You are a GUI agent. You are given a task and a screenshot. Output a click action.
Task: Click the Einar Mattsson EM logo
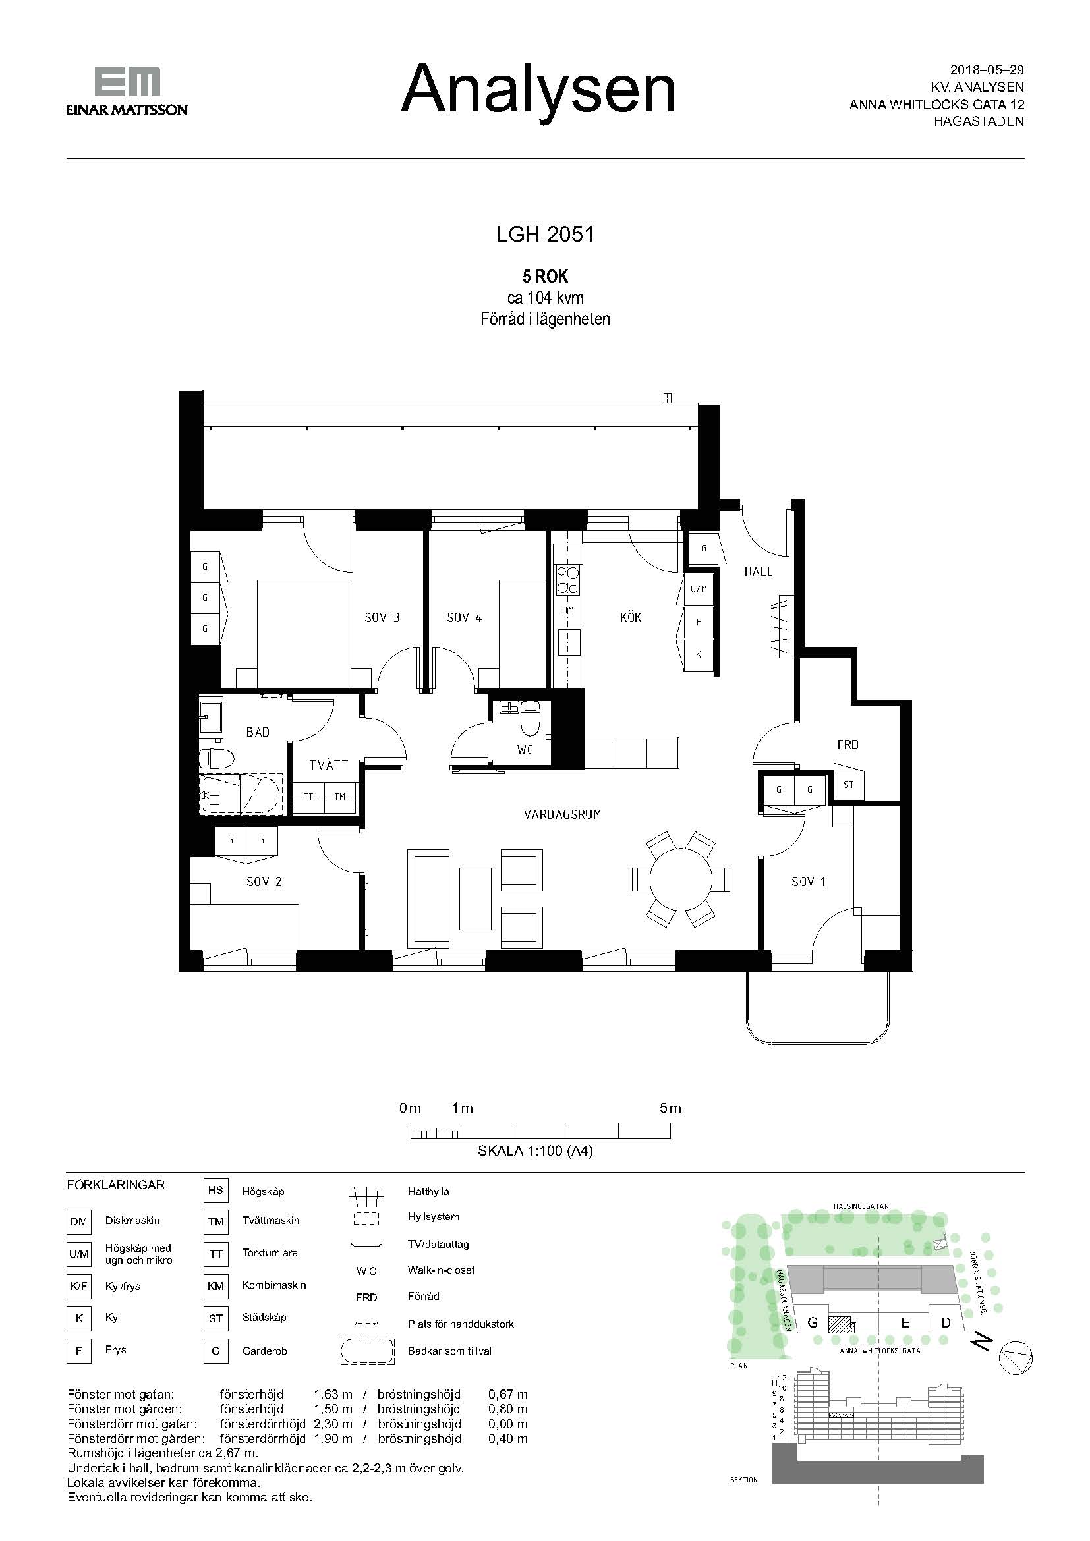[127, 92]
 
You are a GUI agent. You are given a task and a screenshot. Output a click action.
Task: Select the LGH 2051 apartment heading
[545, 235]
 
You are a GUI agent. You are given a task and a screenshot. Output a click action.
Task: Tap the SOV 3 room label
[382, 617]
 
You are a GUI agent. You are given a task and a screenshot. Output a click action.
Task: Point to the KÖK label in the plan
[631, 617]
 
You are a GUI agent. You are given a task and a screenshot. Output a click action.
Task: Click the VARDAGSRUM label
[562, 815]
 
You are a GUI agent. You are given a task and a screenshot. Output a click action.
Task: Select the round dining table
[681, 880]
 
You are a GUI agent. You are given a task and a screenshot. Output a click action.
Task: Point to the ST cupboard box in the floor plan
[848, 785]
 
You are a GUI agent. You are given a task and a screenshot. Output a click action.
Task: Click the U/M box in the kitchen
[699, 589]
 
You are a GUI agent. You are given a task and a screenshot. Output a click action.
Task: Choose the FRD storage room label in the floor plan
[847, 744]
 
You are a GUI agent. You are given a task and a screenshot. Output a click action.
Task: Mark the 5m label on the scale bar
[670, 1108]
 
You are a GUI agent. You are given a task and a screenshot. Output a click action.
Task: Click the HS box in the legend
[215, 1190]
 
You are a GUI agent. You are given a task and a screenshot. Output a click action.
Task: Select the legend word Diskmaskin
[132, 1221]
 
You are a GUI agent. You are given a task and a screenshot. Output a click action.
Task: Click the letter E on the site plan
[905, 1323]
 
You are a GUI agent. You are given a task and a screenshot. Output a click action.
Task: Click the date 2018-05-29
[987, 70]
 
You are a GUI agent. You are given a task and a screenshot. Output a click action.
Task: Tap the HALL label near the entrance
[759, 572]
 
